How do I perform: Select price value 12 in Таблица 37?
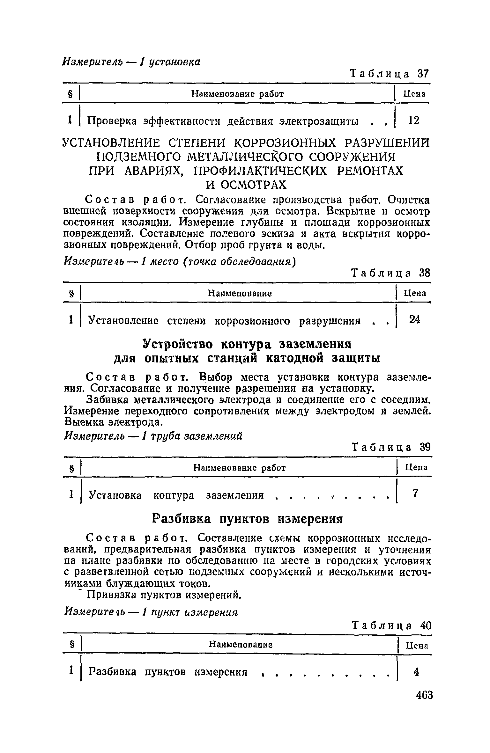click(414, 120)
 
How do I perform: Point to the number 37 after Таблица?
click(424, 74)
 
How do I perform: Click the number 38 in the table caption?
click(424, 273)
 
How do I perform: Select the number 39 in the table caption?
click(425, 447)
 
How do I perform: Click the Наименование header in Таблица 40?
click(241, 645)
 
